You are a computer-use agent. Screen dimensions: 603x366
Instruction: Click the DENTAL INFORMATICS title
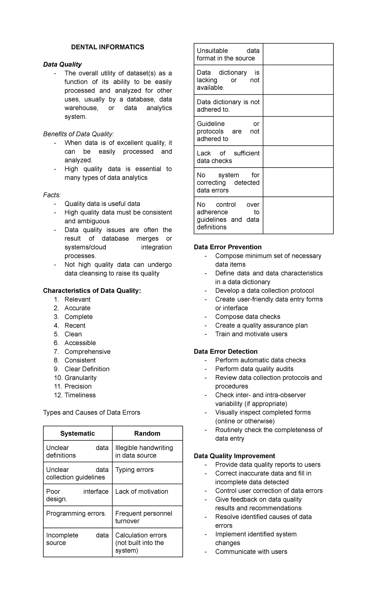point(107,47)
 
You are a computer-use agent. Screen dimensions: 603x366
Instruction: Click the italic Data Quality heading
point(62,64)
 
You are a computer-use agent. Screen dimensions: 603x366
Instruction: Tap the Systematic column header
point(77,433)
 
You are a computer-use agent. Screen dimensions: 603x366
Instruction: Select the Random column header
point(147,433)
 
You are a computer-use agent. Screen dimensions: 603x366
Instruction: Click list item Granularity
point(80,377)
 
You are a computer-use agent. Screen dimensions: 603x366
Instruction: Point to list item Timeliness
point(80,395)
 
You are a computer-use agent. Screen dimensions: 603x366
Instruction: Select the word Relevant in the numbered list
point(77,299)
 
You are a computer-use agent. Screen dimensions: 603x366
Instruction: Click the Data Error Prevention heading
point(228,247)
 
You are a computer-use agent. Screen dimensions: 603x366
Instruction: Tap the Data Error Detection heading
point(225,351)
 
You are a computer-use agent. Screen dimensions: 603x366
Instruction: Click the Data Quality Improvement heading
point(234,456)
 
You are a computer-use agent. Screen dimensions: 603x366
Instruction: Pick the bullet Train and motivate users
point(251,334)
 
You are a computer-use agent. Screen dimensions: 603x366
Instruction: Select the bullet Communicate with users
point(251,551)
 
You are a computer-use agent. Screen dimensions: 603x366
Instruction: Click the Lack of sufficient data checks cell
point(228,157)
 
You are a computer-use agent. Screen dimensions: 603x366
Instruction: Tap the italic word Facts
point(52,195)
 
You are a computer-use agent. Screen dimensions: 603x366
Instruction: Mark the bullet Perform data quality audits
point(254,369)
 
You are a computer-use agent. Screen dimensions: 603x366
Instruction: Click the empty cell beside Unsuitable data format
point(298,54)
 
